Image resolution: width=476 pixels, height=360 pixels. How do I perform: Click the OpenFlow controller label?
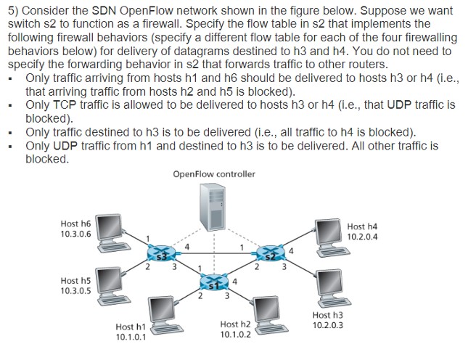[x=214, y=174]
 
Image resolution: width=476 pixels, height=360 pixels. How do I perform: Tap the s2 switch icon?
[x=270, y=254]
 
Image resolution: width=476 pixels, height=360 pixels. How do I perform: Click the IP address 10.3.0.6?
[x=76, y=234]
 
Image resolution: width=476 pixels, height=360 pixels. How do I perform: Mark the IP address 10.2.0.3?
[x=327, y=325]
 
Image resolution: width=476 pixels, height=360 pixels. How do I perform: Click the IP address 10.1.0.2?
[x=235, y=335]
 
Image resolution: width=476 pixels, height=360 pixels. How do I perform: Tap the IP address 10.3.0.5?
[x=75, y=290]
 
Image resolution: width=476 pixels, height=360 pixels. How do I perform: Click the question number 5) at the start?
[x=12, y=11]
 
